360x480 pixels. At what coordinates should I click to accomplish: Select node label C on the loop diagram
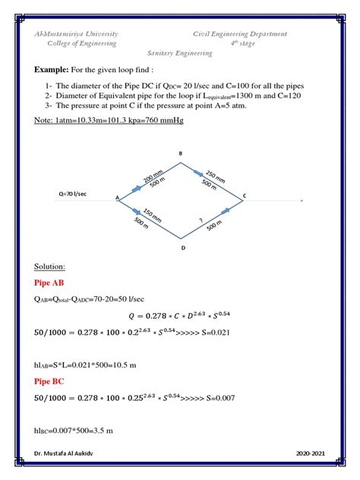coord(245,197)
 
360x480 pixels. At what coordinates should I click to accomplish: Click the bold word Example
coord(52,69)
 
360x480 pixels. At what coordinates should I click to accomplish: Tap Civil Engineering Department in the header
coord(239,33)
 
